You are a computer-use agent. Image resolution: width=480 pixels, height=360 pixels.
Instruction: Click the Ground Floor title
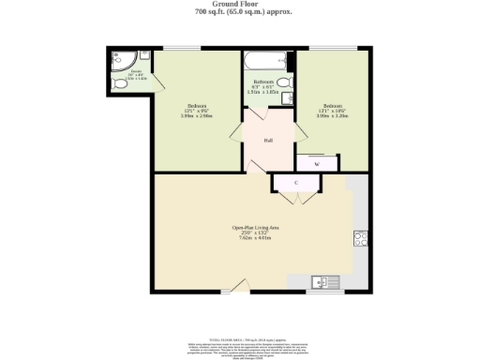tap(240, 4)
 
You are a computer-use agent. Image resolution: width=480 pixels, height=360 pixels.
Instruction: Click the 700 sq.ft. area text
tap(240, 11)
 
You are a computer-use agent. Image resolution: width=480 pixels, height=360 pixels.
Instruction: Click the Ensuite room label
tap(136, 71)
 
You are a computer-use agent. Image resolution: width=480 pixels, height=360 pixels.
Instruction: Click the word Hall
tap(268, 141)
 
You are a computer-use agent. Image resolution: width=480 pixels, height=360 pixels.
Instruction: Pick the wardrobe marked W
tap(316, 163)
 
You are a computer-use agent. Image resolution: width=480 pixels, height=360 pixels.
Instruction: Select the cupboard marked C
tap(296, 182)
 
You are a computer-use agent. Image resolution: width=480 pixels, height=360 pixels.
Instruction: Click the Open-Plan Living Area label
tap(256, 228)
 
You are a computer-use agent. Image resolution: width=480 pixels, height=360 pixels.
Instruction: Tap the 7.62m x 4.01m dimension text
tap(256, 238)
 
